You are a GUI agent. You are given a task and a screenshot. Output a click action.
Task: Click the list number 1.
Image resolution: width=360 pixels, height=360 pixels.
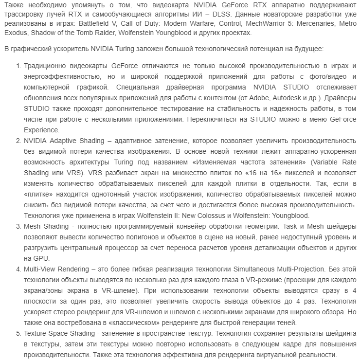pos(18,67)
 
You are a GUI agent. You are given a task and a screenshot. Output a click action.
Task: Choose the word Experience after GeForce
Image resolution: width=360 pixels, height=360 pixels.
pos(41,130)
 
